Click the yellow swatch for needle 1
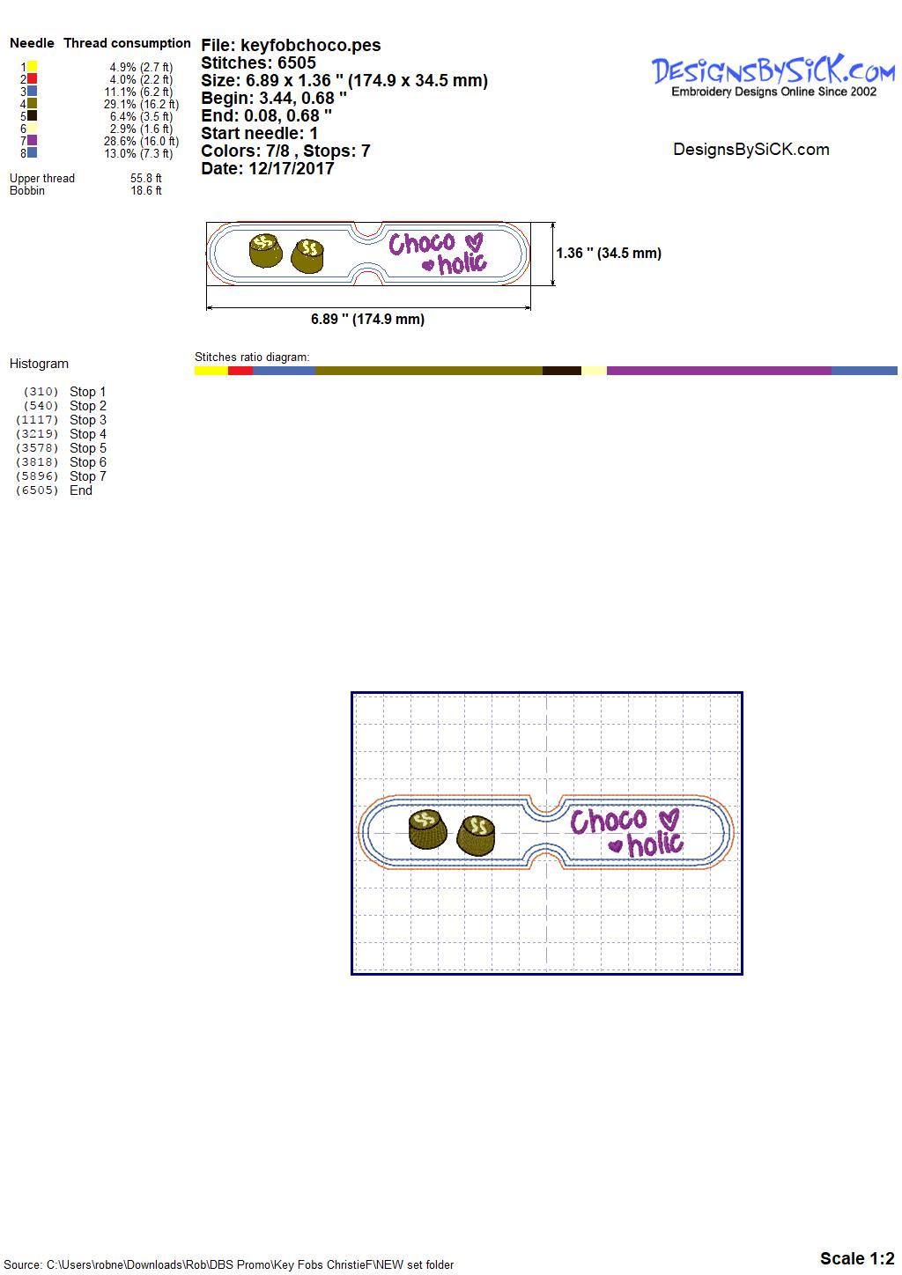coord(33,66)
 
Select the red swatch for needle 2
coord(33,78)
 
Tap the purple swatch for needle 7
coord(33,140)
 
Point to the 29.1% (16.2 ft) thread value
coord(141,104)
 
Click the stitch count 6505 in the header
coord(297,63)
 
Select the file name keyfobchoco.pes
coord(310,45)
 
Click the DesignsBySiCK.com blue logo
coord(773,71)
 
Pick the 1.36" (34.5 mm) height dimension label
coord(609,254)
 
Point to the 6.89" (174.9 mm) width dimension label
coord(368,319)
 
